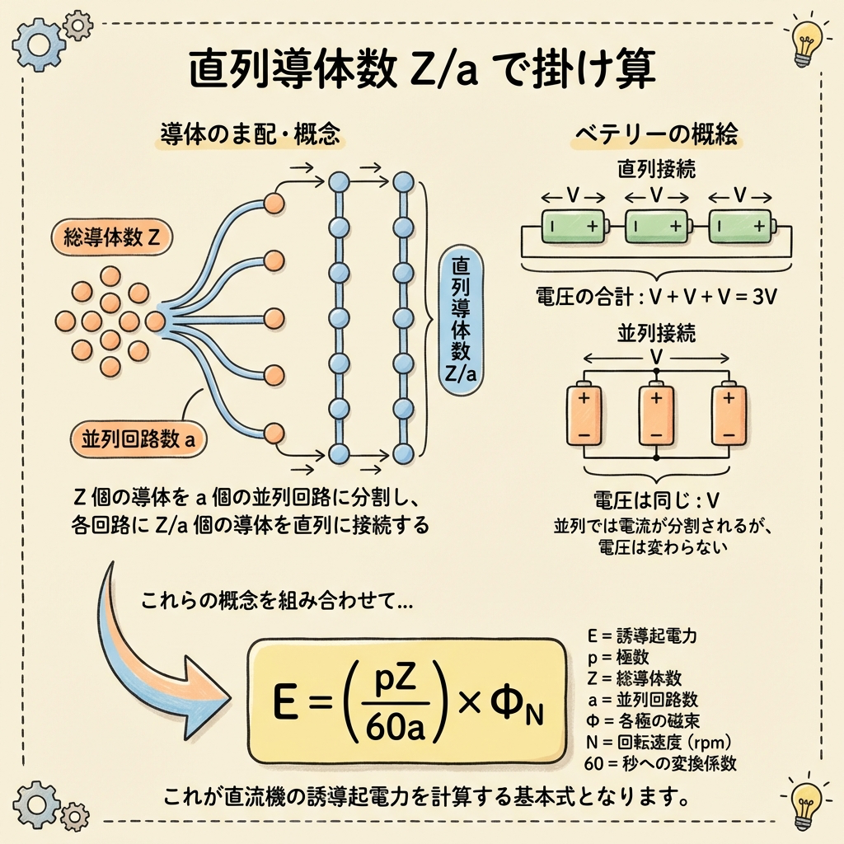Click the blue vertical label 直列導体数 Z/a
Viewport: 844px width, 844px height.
pyautogui.click(x=461, y=317)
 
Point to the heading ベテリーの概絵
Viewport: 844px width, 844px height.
pyautogui.click(x=656, y=134)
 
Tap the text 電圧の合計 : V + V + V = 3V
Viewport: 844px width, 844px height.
pyautogui.click(x=656, y=294)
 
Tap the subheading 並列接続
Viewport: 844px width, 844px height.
pyautogui.click(x=656, y=333)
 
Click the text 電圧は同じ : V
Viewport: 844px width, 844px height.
pyautogui.click(x=656, y=501)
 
